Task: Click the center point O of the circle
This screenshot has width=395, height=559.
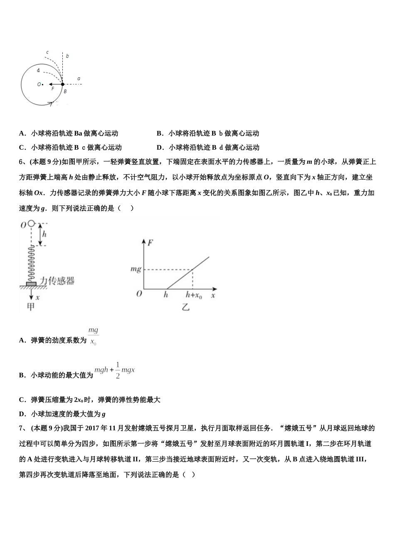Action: [42, 84]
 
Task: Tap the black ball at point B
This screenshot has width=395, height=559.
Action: [62, 84]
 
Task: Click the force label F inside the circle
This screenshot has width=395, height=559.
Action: [53, 89]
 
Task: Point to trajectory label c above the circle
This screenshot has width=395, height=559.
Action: [47, 52]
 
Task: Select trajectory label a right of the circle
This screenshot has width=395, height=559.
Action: [79, 79]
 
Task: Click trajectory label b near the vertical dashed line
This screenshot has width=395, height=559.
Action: [67, 56]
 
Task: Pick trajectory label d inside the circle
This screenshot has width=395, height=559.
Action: [38, 70]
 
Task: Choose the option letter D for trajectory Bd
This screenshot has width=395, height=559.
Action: [159, 148]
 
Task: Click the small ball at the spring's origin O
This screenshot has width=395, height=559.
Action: [32, 224]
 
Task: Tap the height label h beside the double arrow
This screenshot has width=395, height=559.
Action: [44, 234]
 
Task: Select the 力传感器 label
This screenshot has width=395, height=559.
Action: [57, 281]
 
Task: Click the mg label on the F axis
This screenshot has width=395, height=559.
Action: [136, 270]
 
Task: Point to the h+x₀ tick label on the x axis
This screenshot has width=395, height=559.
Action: [194, 295]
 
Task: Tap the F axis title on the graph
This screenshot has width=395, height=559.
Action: [151, 242]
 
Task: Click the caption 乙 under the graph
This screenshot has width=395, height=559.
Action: [185, 308]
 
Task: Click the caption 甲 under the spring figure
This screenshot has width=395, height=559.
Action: [30, 307]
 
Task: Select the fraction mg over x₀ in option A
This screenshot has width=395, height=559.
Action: [93, 336]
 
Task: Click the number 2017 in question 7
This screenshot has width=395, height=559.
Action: [93, 428]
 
